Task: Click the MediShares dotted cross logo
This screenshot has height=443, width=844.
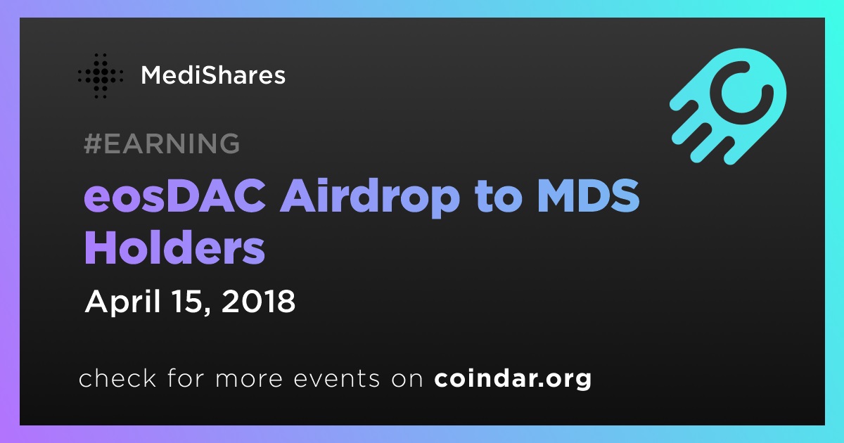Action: (x=100, y=76)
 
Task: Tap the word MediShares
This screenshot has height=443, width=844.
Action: (x=213, y=75)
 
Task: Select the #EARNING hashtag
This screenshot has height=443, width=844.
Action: (x=162, y=143)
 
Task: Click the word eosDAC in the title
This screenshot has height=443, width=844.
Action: (x=176, y=196)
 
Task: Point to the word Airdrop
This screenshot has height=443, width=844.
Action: (x=370, y=198)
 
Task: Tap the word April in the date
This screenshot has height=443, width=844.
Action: (x=124, y=302)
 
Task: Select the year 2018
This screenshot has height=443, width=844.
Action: (x=259, y=301)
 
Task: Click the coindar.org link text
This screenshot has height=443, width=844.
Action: (x=513, y=378)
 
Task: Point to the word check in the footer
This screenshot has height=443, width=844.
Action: (x=117, y=378)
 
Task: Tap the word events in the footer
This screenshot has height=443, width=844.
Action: (x=336, y=378)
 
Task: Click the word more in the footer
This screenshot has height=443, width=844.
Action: (x=249, y=379)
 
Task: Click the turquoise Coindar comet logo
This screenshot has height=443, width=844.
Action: (x=728, y=106)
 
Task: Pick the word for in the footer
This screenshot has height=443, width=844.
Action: (x=186, y=378)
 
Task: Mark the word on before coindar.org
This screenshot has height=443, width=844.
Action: (x=407, y=379)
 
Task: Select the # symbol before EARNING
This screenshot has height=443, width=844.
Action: (x=92, y=143)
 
